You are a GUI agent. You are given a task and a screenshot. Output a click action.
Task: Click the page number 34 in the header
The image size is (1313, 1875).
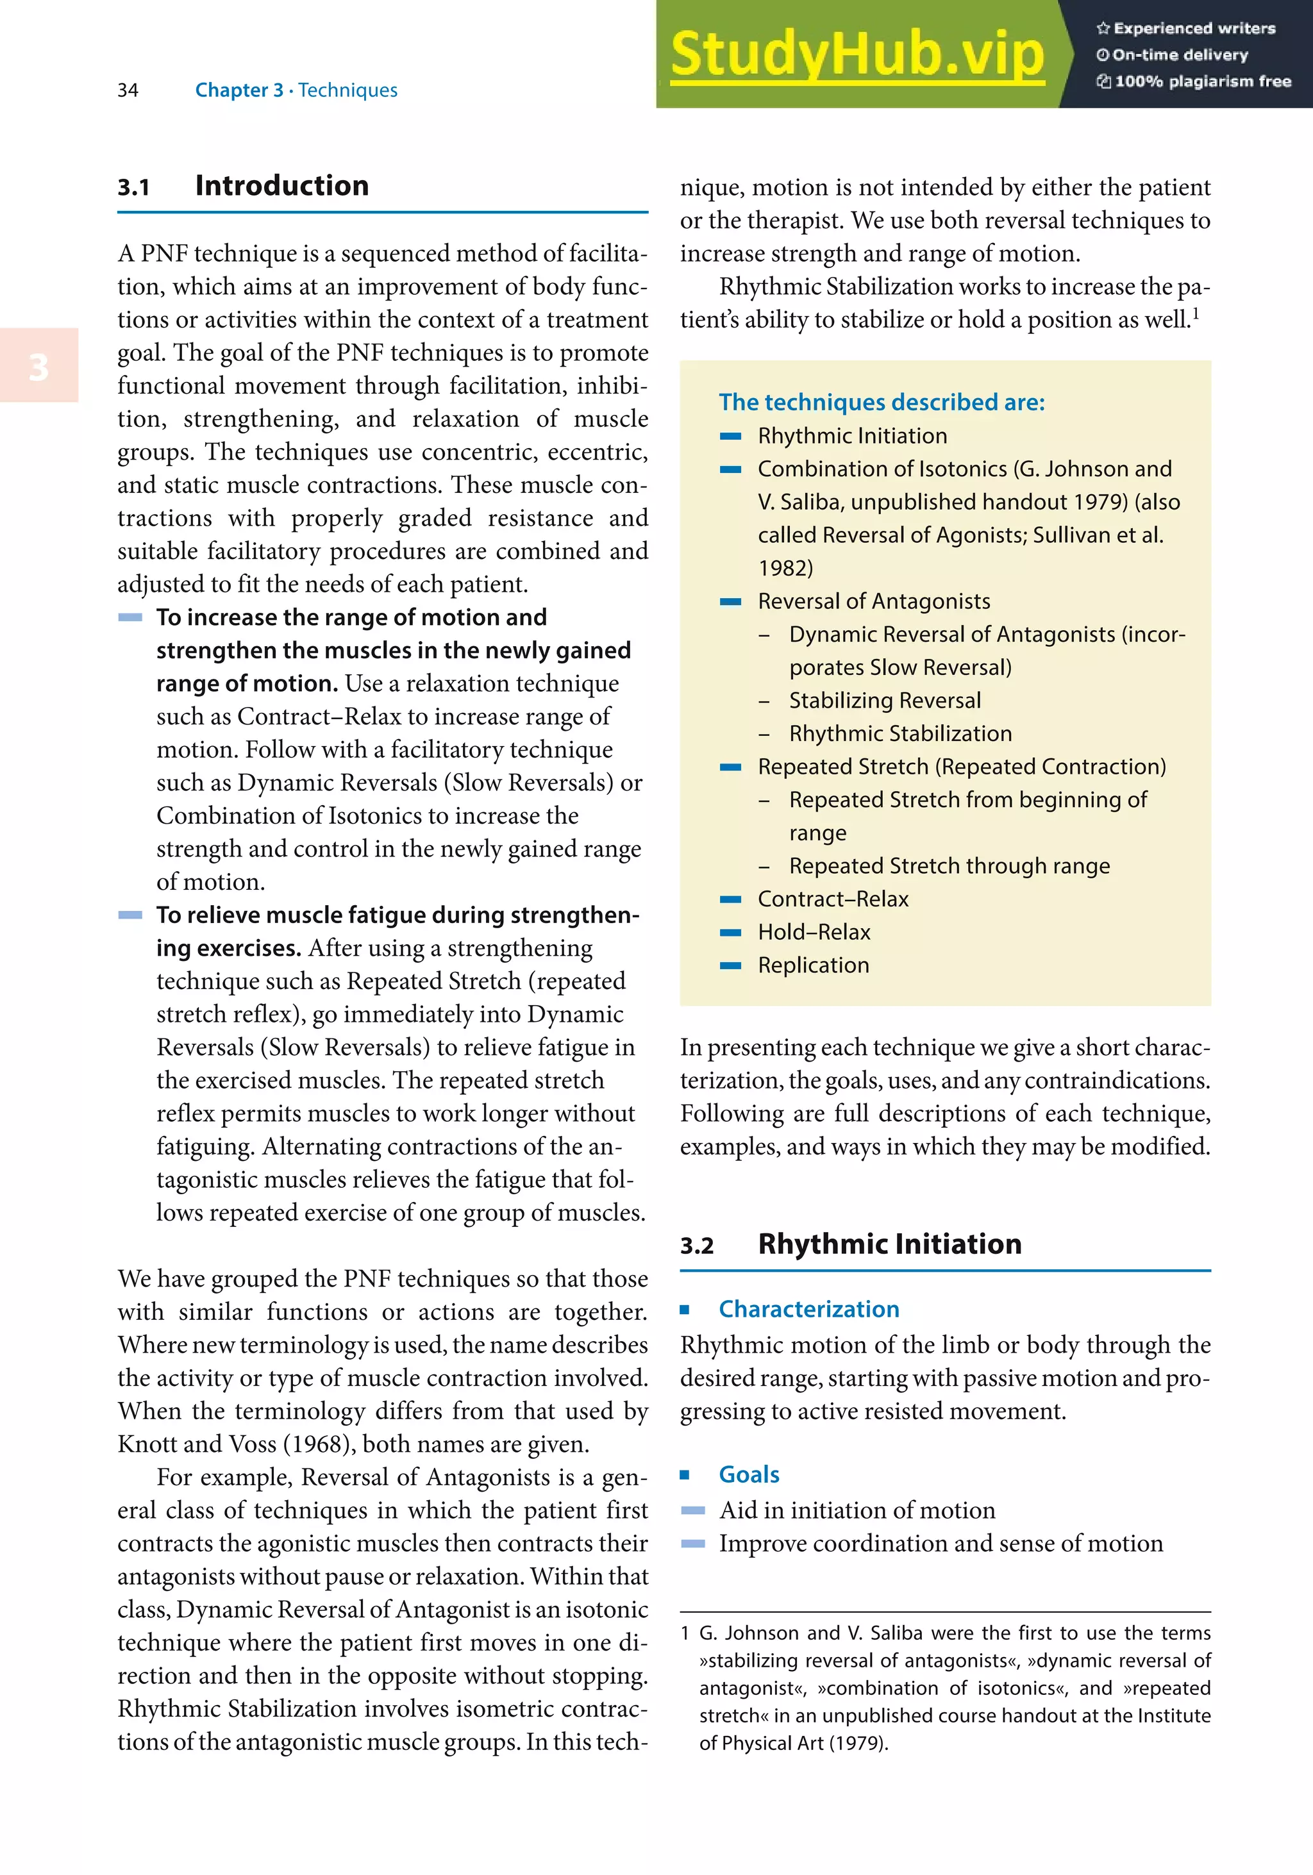coord(128,90)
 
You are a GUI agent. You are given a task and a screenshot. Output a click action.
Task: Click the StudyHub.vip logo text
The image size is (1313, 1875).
coord(857,54)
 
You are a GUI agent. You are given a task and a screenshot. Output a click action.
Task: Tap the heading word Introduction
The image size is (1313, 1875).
coord(281,185)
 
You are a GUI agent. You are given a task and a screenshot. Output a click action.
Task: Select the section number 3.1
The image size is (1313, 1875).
coord(133,188)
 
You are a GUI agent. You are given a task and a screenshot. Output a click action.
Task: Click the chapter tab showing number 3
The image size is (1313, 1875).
coord(38,367)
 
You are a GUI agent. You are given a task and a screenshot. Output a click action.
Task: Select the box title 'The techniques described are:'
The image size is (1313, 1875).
coord(881,402)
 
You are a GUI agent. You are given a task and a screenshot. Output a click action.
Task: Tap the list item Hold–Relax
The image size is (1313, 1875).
coord(814,932)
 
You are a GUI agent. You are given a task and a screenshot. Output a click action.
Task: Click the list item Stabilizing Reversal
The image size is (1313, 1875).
coord(884,701)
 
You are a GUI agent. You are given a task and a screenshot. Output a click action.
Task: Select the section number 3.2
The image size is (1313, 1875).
coord(696,1246)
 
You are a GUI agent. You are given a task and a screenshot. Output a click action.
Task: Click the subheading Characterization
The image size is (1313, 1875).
coord(808,1309)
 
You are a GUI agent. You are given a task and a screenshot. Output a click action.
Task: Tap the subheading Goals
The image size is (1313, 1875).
coord(749,1475)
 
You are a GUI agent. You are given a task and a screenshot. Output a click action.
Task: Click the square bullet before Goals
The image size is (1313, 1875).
coord(685,1475)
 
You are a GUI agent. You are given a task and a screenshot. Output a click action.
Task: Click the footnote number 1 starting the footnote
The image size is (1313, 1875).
coord(685,1633)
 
